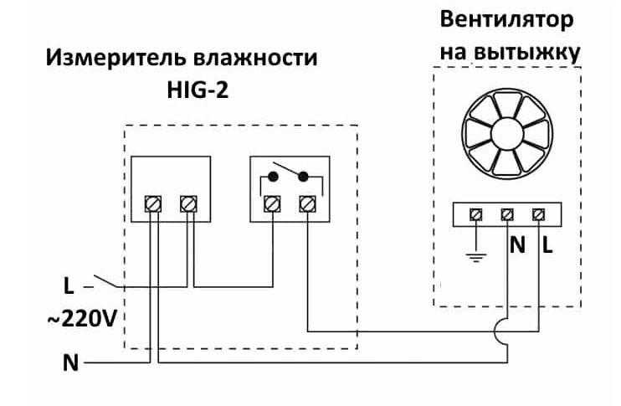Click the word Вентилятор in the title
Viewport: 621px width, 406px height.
point(507,19)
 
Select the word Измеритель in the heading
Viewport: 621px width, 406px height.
point(110,59)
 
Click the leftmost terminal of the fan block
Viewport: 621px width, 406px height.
point(477,215)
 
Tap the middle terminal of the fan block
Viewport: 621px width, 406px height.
point(507,215)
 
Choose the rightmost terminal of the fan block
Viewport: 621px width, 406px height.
point(537,215)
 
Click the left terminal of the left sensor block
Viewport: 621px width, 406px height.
point(153,203)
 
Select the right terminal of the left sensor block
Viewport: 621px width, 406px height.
point(189,203)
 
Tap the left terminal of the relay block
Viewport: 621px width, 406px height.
point(272,203)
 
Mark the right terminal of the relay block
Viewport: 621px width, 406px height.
point(307,203)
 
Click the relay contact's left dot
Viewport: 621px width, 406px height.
point(272,177)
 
